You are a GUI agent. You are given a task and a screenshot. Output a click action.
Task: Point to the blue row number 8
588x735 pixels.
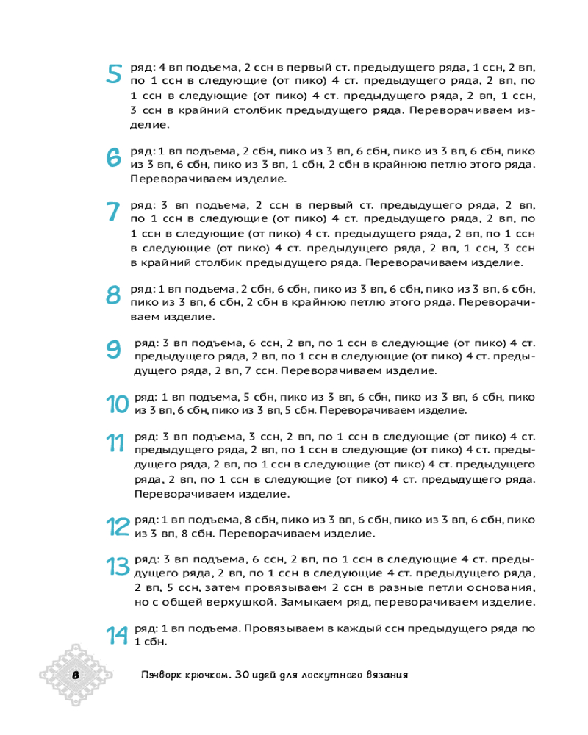(114, 295)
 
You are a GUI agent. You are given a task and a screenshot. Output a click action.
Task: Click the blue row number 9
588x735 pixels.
(114, 349)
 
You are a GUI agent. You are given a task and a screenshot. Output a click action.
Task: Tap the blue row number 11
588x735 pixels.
(115, 443)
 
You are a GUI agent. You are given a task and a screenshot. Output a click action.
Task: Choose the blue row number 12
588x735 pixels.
(118, 526)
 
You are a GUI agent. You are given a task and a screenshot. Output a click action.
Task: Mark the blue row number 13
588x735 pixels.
(118, 567)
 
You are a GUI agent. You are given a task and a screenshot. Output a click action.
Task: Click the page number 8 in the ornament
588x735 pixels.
(75, 675)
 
